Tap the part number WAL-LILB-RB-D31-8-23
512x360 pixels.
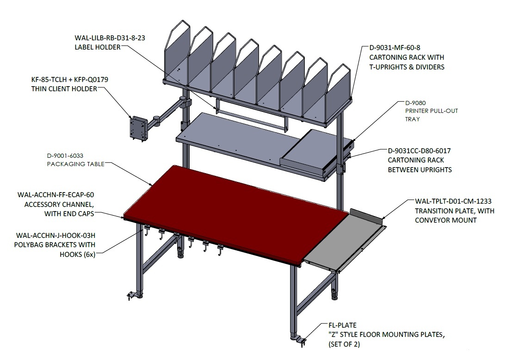click(x=110, y=38)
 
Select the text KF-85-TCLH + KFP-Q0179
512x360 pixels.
click(x=69, y=80)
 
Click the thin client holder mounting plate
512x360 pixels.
click(x=137, y=129)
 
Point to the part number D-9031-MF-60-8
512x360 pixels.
click(x=395, y=48)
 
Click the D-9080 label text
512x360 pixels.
click(x=415, y=103)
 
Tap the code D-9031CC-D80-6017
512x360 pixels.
click(x=419, y=151)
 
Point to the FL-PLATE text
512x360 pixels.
click(x=342, y=325)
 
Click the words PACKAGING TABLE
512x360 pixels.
click(x=76, y=164)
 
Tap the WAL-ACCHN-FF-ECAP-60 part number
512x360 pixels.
click(x=56, y=195)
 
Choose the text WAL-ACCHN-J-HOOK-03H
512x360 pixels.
click(x=56, y=236)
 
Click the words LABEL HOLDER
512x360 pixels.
click(x=98, y=47)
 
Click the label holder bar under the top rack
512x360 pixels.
click(x=252, y=114)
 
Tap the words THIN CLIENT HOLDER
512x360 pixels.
click(x=64, y=89)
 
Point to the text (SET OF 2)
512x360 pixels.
click(x=344, y=344)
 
